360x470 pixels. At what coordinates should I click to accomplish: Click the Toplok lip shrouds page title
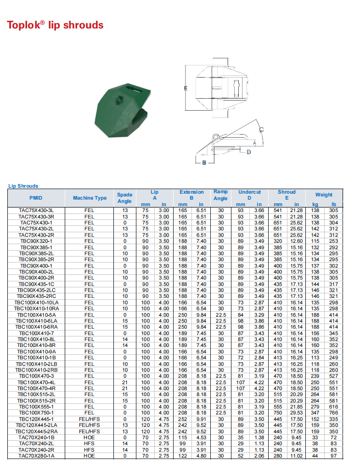[x=55, y=25]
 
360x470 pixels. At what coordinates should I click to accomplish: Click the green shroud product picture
[x=123, y=110]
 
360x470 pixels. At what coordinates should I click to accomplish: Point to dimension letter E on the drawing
[x=186, y=88]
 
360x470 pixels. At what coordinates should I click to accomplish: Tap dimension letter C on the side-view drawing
[x=261, y=130]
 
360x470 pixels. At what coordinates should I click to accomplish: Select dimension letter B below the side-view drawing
[x=204, y=162]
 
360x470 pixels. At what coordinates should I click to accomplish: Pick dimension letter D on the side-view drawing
[x=249, y=152]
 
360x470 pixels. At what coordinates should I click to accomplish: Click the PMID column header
[x=36, y=198]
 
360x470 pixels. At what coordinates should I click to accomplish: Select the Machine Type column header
[x=90, y=198]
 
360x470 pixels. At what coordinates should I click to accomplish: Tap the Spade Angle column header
[x=124, y=198]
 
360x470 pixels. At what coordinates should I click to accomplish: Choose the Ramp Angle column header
[x=220, y=195]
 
